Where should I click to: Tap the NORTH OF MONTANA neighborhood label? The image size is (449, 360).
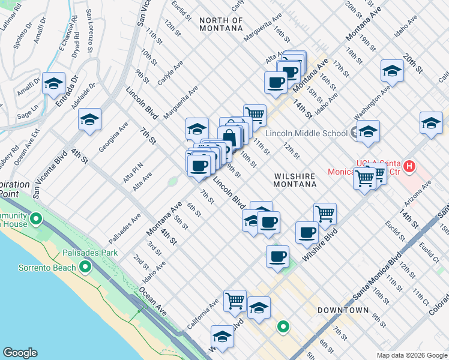221,24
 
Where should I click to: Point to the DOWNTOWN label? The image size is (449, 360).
343,310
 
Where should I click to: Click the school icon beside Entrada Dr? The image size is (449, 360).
53,85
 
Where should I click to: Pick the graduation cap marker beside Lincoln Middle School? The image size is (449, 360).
368,131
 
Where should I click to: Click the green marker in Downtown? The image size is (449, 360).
283,327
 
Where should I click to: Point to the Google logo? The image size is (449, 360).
20,353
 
